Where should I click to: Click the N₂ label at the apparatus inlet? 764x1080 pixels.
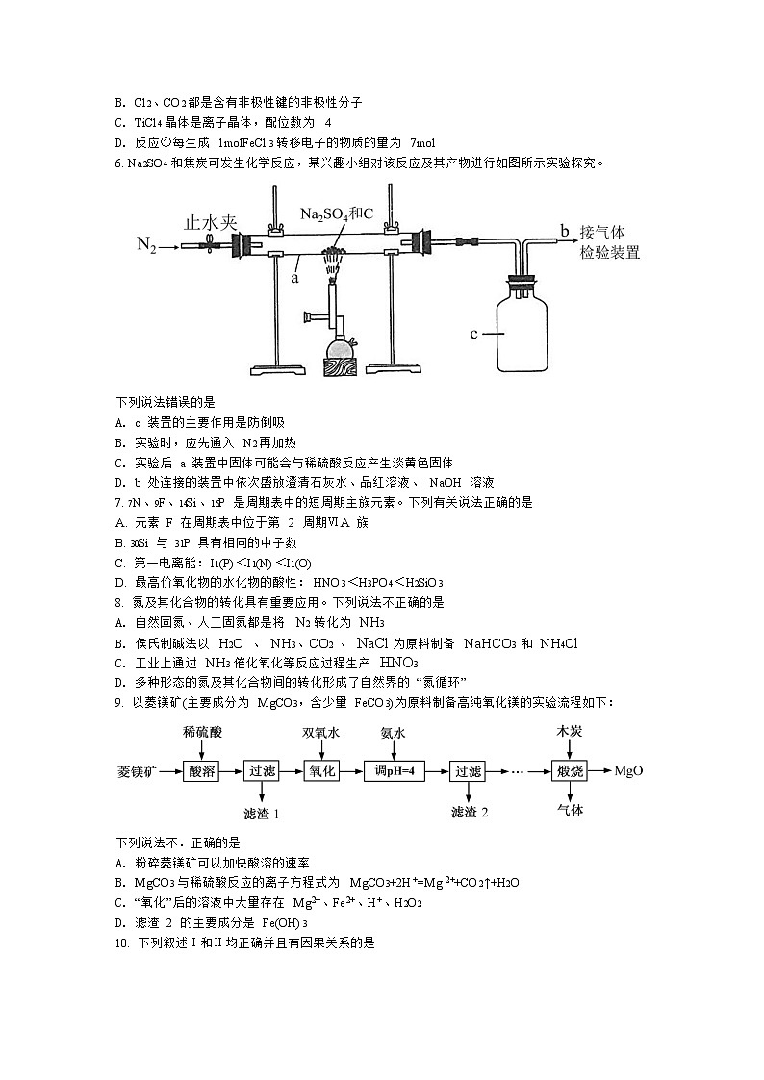coord(146,247)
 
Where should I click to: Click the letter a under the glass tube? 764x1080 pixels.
coord(294,277)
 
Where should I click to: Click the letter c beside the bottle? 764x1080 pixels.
coord(474,334)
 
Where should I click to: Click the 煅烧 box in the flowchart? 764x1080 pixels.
coord(570,771)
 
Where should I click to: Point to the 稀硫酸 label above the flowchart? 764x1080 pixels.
coord(202,732)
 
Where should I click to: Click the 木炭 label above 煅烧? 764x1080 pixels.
coord(570,732)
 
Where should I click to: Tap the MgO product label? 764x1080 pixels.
coord(628,771)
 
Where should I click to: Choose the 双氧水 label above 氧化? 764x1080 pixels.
coord(320,732)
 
